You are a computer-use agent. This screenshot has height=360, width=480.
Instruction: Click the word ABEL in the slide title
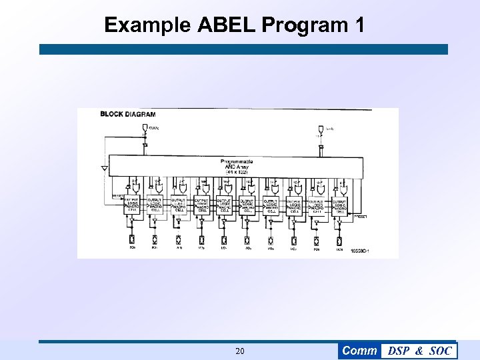227,25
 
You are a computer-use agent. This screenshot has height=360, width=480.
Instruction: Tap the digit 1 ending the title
360,25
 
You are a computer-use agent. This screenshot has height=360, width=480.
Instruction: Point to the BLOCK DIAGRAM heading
127,114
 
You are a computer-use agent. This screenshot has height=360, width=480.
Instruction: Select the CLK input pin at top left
145,127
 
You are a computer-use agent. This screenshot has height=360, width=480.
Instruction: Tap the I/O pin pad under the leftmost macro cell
131,240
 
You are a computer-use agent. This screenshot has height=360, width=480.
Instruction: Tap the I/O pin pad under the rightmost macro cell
339,240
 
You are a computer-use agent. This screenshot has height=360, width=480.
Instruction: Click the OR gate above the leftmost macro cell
133,187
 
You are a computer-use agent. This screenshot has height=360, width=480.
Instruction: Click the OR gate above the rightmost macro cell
341,187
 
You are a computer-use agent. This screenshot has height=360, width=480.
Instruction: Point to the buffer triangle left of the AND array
104,169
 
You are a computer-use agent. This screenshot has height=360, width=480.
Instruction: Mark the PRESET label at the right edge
361,217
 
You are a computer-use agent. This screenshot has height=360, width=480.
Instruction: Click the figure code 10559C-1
358,251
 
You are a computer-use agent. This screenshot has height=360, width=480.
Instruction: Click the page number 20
240,351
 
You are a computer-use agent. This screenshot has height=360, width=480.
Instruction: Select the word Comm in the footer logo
359,351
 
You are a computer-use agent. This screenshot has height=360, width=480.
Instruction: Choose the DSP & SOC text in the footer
419,351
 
